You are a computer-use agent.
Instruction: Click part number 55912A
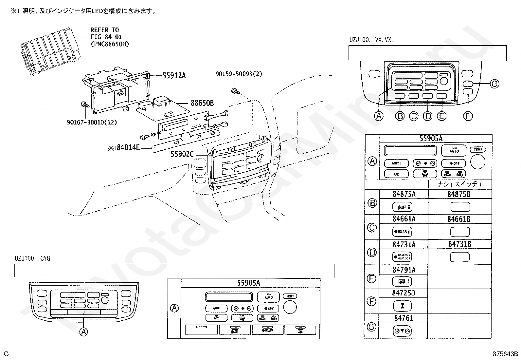coord(174,76)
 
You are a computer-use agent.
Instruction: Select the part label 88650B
coord(202,103)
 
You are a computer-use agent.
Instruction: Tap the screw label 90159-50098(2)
coord(239,74)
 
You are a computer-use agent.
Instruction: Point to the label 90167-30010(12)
coord(92,122)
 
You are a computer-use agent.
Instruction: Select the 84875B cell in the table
coord(459,194)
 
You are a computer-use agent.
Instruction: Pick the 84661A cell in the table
coord(404,218)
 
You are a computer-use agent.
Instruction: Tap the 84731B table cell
coord(459,244)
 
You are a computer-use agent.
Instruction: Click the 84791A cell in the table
coord(404,270)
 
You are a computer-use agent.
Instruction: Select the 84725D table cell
coord(404,293)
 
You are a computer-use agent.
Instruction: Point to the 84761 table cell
coord(404,318)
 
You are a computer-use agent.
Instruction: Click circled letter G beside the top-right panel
coord(494,84)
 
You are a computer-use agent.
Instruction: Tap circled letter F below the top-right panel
coord(468,116)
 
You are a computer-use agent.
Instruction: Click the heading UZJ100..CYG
coord(32,259)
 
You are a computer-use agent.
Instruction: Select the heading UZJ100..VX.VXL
coord(371,40)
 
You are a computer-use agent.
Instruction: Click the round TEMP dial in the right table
coord(478,161)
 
